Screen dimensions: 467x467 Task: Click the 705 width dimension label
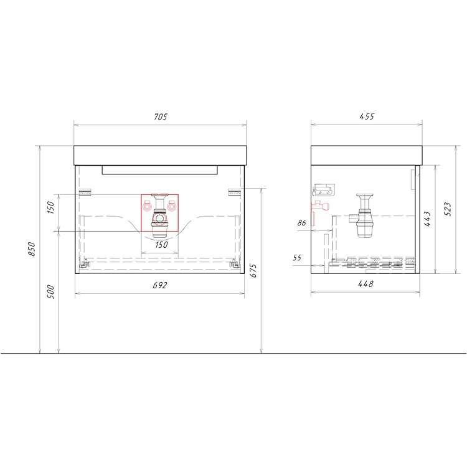click(x=161, y=117)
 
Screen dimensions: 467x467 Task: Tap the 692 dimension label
click(x=160, y=285)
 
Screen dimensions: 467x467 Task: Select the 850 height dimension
click(x=32, y=249)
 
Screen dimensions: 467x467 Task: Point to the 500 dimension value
click(x=51, y=292)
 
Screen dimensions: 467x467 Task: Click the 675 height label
click(x=253, y=270)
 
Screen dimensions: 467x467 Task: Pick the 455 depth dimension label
click(x=367, y=116)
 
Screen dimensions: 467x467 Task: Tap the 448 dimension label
click(x=366, y=284)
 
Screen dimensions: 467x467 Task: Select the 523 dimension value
click(x=447, y=209)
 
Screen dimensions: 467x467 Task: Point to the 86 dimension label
click(x=302, y=223)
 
